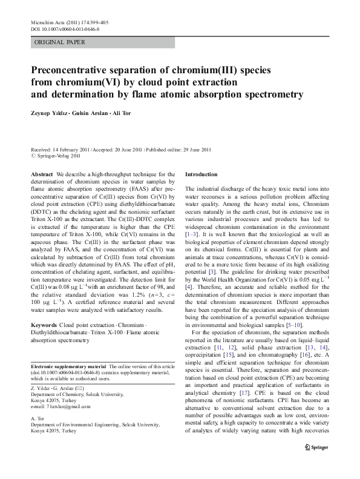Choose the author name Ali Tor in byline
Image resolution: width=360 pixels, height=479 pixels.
pos(131,113)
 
